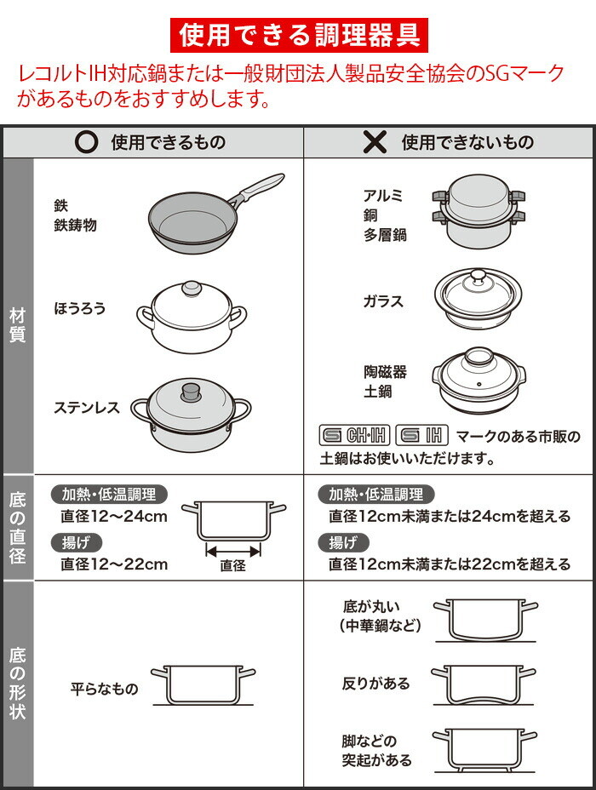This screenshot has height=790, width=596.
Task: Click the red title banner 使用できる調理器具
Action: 299,35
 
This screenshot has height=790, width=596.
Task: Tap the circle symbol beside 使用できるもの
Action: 86,142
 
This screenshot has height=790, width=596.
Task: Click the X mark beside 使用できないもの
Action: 375,142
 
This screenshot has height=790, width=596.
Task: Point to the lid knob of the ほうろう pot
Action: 192,289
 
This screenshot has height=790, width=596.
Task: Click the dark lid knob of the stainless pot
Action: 192,391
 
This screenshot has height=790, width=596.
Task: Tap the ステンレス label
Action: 87,407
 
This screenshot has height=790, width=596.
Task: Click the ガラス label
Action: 383,301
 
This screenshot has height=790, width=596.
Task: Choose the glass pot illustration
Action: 479,299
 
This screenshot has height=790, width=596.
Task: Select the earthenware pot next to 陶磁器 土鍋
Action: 479,380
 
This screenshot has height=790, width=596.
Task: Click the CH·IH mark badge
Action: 355,435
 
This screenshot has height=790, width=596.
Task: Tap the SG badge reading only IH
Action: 422,435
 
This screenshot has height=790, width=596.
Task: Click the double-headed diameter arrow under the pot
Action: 233,551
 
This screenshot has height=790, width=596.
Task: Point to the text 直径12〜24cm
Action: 114,517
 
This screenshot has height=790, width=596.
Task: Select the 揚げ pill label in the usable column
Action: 77,542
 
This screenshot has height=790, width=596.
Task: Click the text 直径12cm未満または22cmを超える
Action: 450,564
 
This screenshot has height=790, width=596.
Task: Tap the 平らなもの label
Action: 104,689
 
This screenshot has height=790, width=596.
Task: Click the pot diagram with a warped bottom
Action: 484,684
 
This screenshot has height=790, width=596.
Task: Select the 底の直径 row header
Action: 18,528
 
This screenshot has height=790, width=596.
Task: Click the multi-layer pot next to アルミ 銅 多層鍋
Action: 479,211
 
